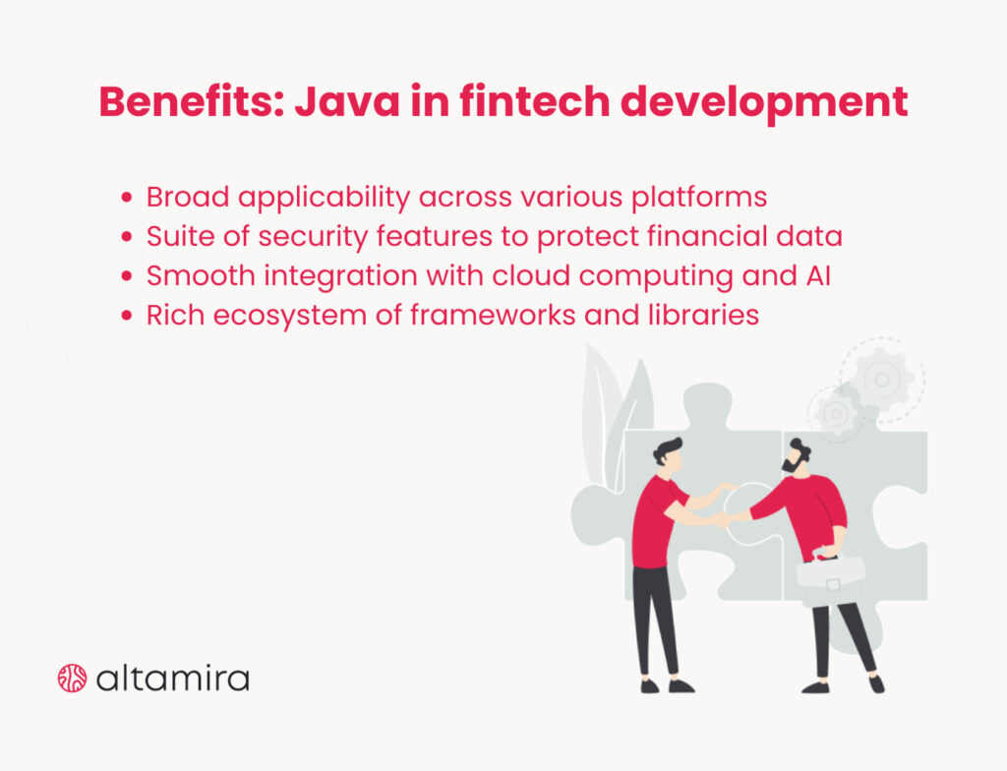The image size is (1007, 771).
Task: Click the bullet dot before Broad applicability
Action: coord(126,199)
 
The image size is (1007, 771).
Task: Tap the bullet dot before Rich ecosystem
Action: coord(126,317)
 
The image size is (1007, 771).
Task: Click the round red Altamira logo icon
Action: coord(73,678)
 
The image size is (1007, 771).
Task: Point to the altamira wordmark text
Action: coord(172,678)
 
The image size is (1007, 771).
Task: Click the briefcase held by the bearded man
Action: coord(831,570)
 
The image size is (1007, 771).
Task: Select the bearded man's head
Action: coord(796,456)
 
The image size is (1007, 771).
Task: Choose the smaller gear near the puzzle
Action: coord(838,412)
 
